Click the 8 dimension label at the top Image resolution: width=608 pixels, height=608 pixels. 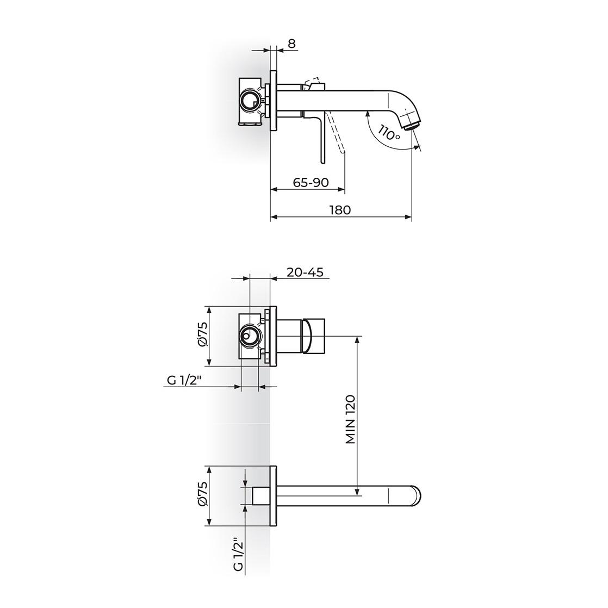point(291,44)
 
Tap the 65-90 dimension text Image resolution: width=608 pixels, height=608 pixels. point(311,182)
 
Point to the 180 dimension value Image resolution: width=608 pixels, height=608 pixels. point(340,210)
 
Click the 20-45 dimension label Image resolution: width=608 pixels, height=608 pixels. point(305,272)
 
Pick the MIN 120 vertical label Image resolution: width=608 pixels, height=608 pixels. point(350,419)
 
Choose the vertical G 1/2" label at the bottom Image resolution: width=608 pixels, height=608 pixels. point(239,554)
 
